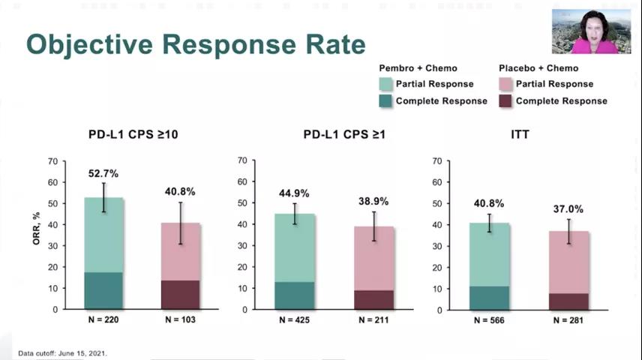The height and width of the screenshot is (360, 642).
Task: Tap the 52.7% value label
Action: (103, 173)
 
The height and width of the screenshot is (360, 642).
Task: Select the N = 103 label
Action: (180, 320)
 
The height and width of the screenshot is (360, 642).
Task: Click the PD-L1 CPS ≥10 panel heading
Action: (133, 135)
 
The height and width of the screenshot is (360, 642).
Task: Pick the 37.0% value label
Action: (568, 209)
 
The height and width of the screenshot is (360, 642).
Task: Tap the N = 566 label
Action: (488, 320)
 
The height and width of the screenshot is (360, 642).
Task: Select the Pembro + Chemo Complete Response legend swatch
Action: (385, 100)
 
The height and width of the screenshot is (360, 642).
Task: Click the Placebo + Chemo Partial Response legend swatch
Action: (505, 84)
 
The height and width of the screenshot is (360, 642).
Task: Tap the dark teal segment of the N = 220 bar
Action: (103, 290)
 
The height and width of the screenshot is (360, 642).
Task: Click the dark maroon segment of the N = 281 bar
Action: (568, 301)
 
